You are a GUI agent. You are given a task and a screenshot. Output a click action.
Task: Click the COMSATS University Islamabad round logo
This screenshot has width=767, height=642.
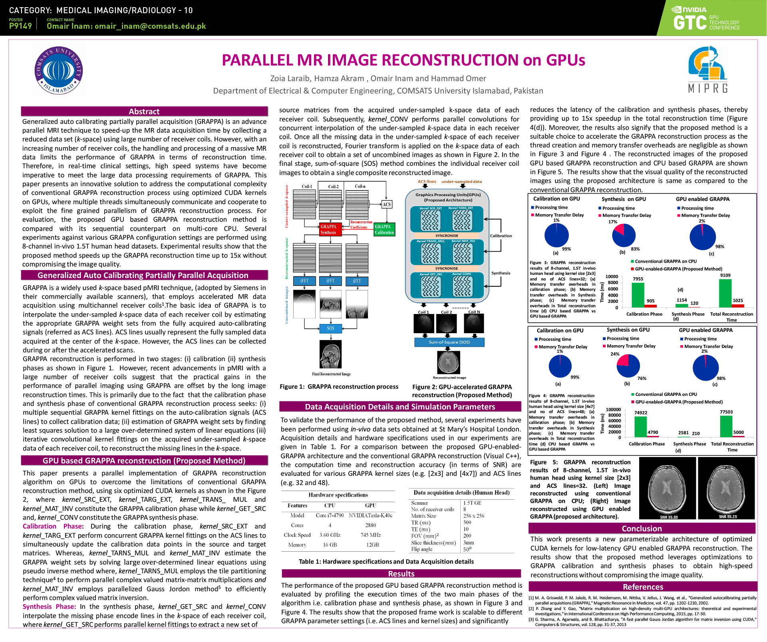coord(59,70)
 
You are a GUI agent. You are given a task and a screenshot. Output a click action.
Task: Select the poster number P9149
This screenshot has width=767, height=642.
coord(20,26)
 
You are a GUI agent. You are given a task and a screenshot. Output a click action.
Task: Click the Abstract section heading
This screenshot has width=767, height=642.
coord(144,111)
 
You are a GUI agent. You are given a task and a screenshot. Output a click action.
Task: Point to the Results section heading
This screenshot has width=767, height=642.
coord(401,574)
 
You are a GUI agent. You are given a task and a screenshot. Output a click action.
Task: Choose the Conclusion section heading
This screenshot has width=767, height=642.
coord(642,529)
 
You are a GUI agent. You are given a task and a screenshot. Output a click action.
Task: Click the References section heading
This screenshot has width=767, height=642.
coord(643,587)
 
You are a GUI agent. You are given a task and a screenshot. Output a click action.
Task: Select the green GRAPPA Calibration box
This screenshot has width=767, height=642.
coord(384,229)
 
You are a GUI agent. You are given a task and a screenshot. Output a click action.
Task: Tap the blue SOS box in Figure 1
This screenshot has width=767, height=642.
coord(330,328)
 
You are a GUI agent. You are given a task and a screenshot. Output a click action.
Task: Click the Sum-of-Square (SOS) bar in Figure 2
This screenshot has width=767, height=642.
coord(449,342)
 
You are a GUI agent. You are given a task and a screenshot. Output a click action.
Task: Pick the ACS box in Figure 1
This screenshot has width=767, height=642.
coord(387,205)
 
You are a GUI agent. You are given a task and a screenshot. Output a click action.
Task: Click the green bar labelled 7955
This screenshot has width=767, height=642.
coord(638,295)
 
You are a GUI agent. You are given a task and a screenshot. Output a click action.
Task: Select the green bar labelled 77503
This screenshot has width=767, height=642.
coord(726,427)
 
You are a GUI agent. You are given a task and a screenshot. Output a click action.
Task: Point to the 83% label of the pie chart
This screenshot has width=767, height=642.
coord(635,249)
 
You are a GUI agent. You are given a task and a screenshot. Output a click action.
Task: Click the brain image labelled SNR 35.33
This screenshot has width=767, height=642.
coord(668,488)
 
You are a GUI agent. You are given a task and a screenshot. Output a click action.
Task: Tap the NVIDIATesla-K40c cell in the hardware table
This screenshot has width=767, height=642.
coord(370,515)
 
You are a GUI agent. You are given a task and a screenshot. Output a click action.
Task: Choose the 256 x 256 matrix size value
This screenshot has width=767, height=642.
coord(473,516)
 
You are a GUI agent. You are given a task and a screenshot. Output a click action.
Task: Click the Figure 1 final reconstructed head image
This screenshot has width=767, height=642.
coord(331,354)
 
